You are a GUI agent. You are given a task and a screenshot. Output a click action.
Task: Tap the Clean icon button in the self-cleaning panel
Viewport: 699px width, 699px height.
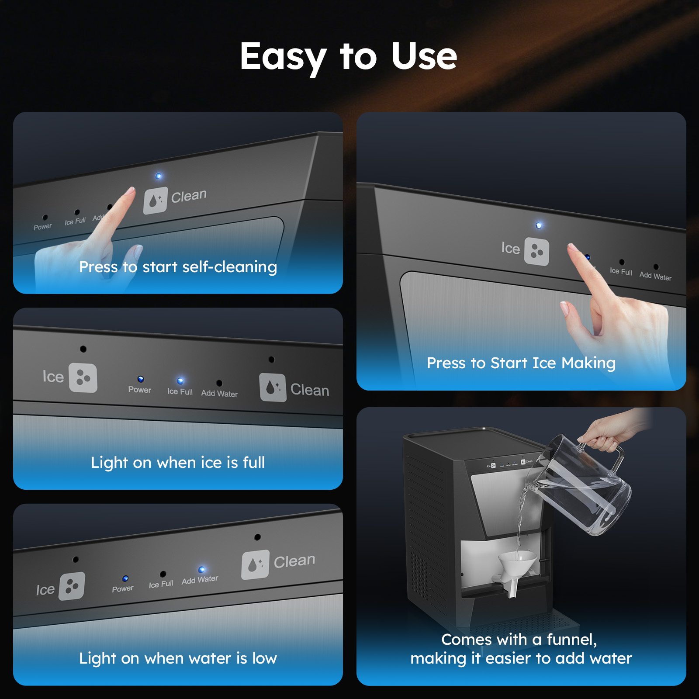[156, 201]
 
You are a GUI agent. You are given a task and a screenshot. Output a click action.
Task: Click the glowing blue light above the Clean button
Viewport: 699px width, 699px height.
[159, 176]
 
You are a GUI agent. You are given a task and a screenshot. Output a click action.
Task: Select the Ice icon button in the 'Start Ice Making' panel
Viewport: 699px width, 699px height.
[536, 251]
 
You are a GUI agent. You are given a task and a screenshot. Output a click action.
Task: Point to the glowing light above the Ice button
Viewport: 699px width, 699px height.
[539, 225]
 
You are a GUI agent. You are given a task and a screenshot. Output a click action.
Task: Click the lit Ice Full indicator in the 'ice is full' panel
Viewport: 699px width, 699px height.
[180, 381]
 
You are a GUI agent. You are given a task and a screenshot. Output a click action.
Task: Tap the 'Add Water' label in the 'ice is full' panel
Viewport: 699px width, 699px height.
[219, 393]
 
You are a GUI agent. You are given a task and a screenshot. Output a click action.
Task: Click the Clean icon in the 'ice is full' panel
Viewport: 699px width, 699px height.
[273, 387]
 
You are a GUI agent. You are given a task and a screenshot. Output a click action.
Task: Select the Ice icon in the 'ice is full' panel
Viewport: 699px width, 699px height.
[83, 377]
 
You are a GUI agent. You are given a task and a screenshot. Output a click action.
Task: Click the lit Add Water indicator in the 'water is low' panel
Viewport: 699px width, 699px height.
[201, 570]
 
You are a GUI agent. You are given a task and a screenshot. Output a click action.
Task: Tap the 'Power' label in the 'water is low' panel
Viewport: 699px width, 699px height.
[123, 589]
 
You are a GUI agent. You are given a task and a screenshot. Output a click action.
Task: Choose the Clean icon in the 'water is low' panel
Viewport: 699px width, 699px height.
[255, 564]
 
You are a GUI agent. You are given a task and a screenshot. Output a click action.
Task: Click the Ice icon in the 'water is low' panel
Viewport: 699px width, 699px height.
[72, 586]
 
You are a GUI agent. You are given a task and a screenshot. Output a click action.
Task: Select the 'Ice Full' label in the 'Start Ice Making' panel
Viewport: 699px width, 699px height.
[621, 271]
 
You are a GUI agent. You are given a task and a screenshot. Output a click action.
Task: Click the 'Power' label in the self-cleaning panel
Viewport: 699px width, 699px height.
[43, 227]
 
